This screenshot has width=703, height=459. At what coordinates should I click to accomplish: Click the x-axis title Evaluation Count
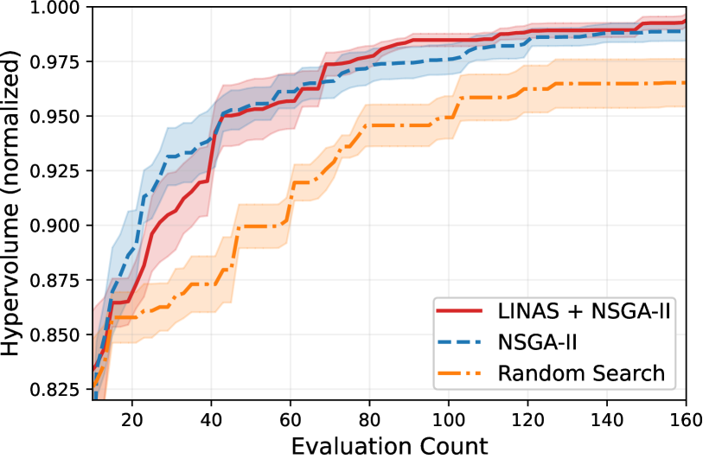pyautogui.click(x=389, y=445)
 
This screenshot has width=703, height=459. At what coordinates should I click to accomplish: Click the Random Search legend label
pyautogui.click(x=581, y=374)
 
